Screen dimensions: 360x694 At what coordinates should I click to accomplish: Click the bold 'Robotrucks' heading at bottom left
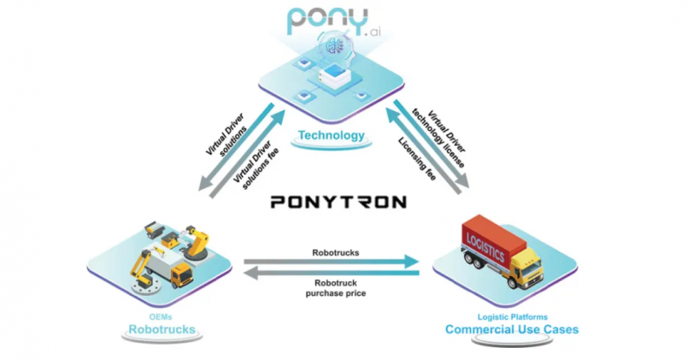[160, 331]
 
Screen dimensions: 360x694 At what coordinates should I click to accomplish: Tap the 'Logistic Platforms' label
[512, 317]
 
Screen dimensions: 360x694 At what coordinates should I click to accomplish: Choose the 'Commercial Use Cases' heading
[512, 331]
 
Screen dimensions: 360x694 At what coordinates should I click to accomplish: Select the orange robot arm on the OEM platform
[198, 245]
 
